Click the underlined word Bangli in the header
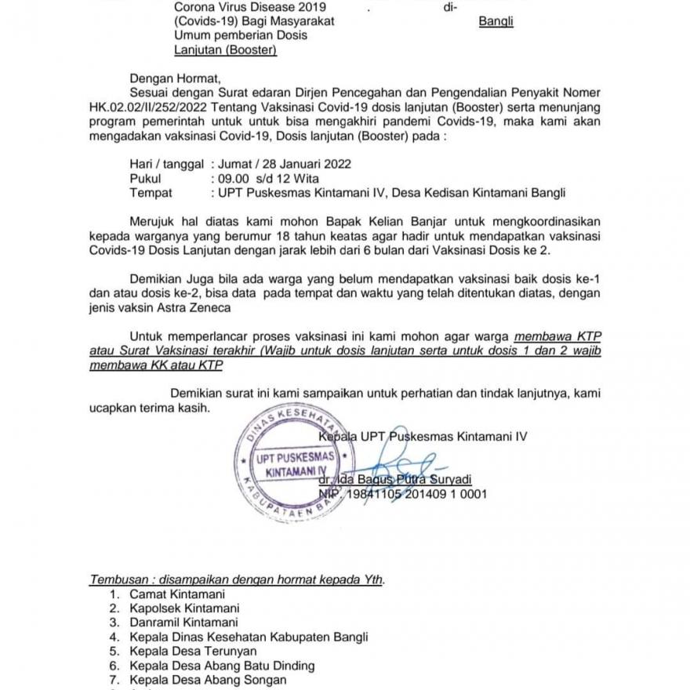pos(496,21)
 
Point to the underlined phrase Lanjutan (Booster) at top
pos(226,50)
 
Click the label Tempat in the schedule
pos(151,192)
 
